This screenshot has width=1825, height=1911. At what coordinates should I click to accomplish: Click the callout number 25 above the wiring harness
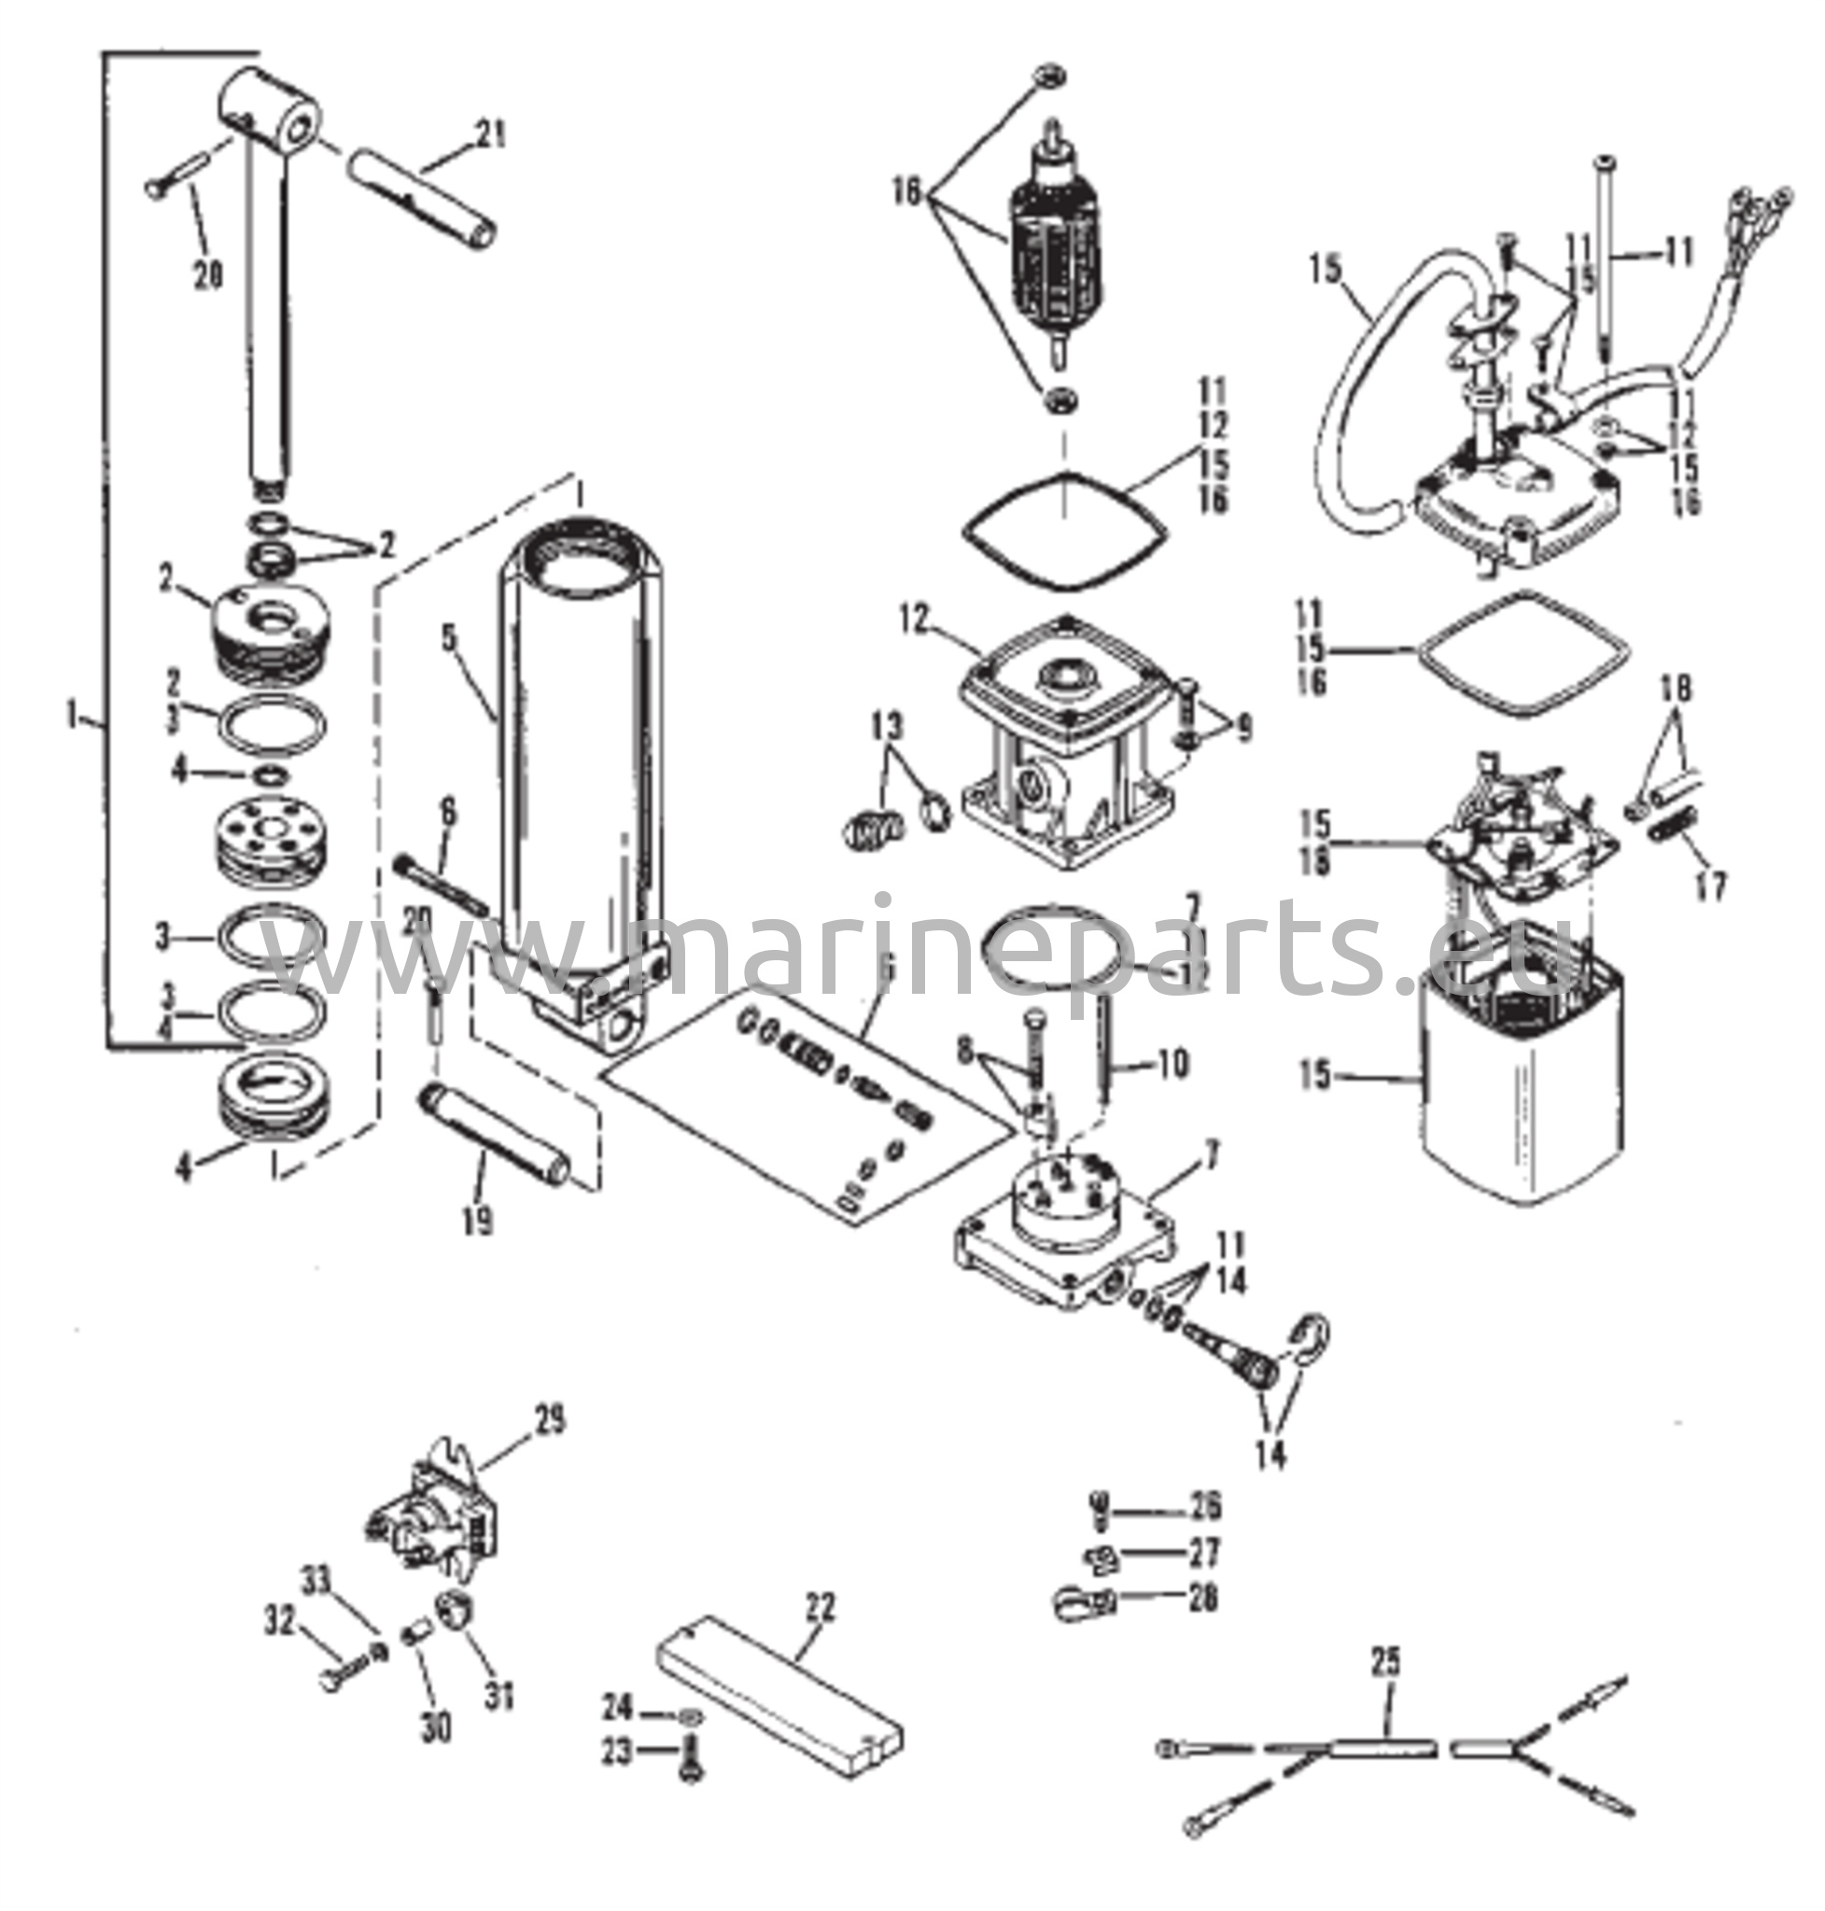tap(1386, 1662)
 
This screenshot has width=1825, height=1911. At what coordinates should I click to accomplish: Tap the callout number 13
tap(886, 727)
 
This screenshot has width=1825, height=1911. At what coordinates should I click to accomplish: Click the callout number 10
tap(1173, 1064)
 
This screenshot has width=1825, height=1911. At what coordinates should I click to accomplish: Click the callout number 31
tap(499, 1698)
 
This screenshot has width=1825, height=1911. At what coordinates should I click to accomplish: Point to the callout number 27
tap(1204, 1553)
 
